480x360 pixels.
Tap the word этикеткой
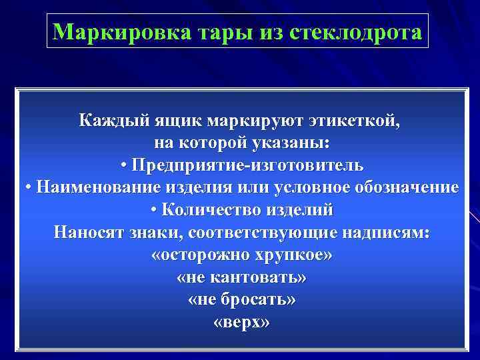[x=354, y=121]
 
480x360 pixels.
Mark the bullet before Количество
[x=155, y=210]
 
